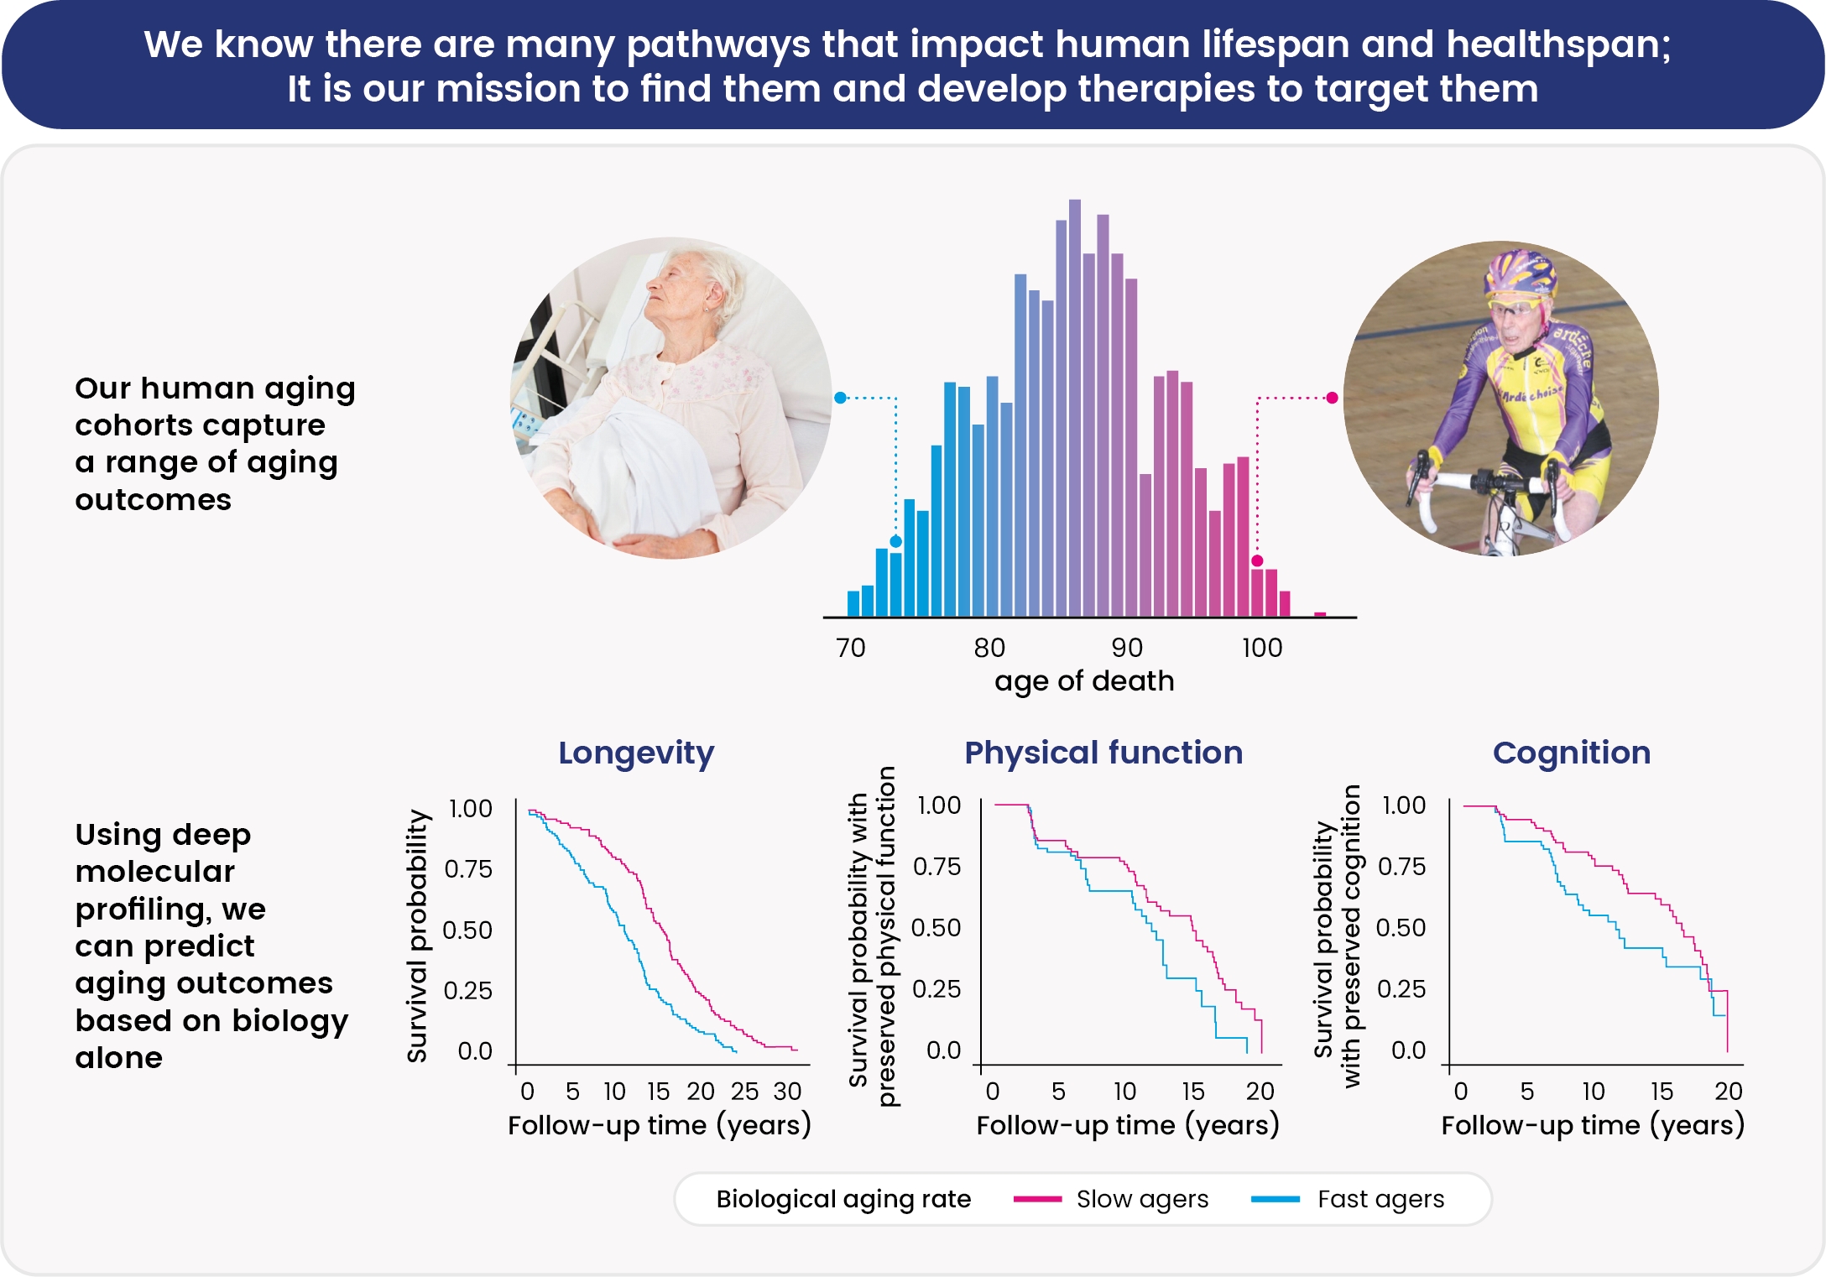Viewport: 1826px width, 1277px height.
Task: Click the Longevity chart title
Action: point(636,753)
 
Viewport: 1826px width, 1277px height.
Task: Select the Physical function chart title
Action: point(1103,753)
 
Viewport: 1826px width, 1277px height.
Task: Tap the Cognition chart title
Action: point(1571,753)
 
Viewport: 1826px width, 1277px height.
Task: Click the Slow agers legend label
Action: point(1142,1199)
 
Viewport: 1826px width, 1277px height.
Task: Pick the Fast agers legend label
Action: point(1380,1199)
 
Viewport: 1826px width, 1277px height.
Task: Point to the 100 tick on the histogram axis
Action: point(1261,648)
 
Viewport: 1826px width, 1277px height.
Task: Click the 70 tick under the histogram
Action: point(850,648)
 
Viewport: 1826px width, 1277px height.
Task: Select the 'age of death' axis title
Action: point(1083,680)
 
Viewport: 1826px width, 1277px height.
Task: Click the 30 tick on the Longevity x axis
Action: point(787,1092)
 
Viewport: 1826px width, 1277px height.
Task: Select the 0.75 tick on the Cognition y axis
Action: point(1401,867)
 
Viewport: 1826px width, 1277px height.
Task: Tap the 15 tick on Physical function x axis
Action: point(1192,1092)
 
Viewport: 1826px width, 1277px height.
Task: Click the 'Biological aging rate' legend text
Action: point(843,1199)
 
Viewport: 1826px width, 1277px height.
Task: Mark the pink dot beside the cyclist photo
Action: point(1332,398)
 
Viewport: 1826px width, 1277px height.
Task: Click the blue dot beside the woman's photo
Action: point(840,398)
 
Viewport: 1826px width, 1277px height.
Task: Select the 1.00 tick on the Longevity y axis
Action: point(470,809)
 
